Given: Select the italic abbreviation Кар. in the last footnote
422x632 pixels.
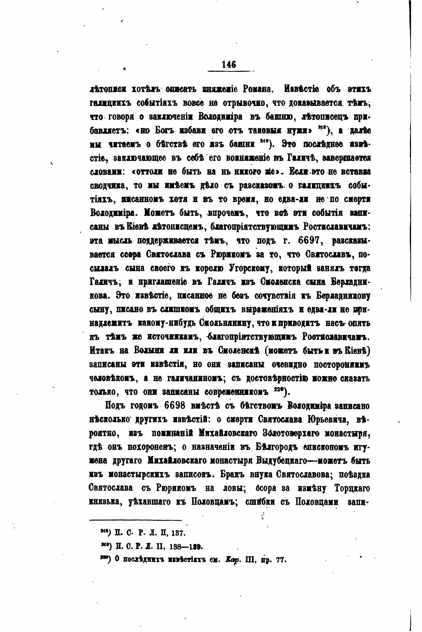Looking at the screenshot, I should (232, 560).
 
